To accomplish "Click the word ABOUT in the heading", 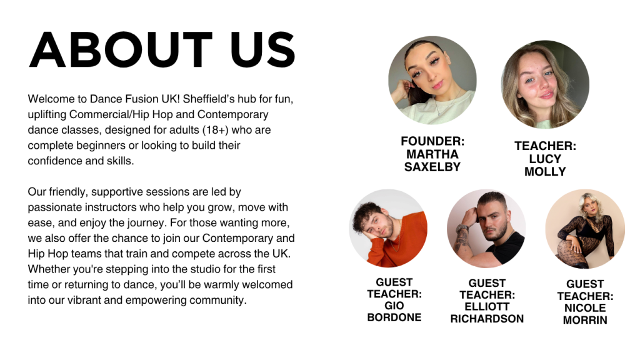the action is [121, 49].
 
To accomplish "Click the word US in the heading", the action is [262, 49].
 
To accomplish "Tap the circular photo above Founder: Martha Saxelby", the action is [432, 80].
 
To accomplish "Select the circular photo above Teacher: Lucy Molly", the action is [545, 84].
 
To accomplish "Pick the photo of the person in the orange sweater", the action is [388, 228].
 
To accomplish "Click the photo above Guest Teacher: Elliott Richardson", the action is [486, 229].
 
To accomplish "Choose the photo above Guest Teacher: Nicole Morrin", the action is [585, 229].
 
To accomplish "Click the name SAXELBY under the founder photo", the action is [432, 167].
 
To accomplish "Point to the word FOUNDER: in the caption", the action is [432, 141].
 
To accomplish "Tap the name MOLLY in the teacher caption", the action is [545, 172].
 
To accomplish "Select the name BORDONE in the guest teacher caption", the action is [394, 317].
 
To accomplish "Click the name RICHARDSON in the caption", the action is [487, 319].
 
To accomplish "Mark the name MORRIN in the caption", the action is [585, 320].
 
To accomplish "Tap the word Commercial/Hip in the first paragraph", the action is [109, 115].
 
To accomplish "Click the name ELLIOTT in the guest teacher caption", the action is [487, 307].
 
